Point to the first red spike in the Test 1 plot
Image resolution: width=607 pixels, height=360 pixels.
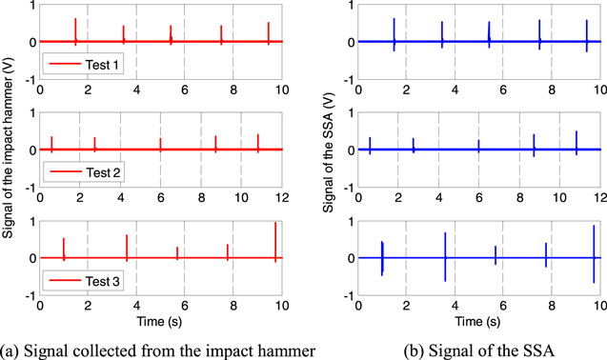tap(75, 30)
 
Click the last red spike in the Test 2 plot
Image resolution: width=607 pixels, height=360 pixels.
tap(257, 142)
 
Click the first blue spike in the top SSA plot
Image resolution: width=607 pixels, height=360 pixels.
tap(394, 33)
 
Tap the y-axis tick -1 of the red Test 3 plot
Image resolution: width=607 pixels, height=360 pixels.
tap(30, 293)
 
